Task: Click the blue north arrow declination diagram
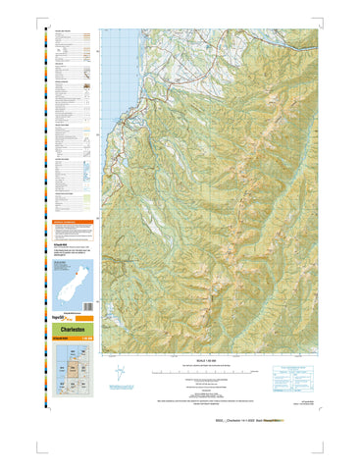(119, 374)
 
